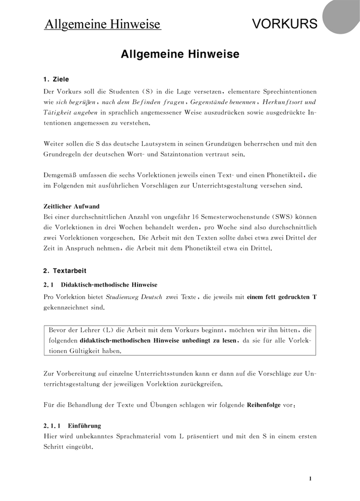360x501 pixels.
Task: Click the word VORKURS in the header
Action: pos(285,24)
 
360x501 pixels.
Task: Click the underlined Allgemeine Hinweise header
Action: pos(103,24)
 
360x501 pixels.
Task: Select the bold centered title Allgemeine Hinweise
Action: pos(180,54)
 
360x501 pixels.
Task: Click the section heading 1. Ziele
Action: pos(56,80)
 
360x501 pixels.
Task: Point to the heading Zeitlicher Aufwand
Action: pos(71,207)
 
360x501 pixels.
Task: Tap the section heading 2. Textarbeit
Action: pos(65,271)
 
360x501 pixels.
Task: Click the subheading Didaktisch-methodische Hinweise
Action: pos(109,285)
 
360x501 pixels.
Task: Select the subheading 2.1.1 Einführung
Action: pos(72,425)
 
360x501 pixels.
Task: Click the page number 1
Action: pos(310,479)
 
